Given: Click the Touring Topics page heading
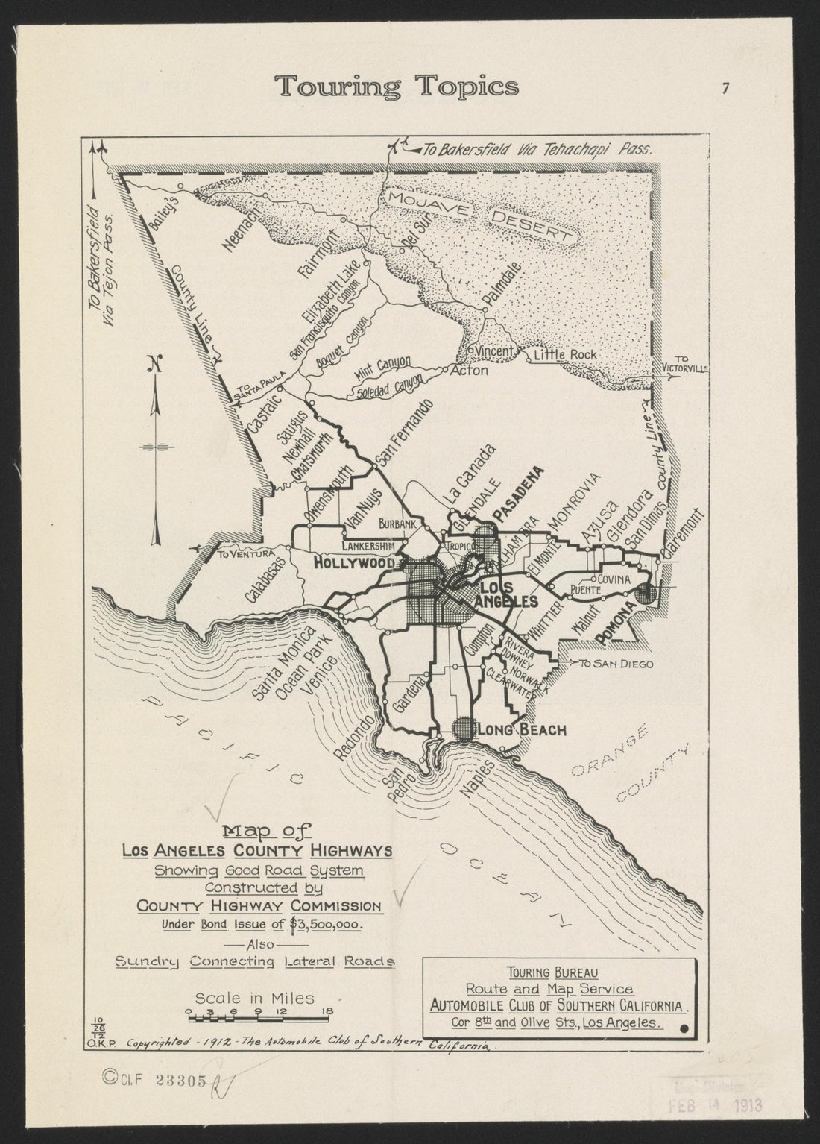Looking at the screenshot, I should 397,87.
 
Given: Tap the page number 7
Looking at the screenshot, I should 725,88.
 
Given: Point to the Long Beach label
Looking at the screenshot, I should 523,729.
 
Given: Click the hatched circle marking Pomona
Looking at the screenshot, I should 646,594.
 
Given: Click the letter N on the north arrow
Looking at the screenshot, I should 155,365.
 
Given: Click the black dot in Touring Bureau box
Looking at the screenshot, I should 684,1030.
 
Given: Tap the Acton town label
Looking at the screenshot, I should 471,371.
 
